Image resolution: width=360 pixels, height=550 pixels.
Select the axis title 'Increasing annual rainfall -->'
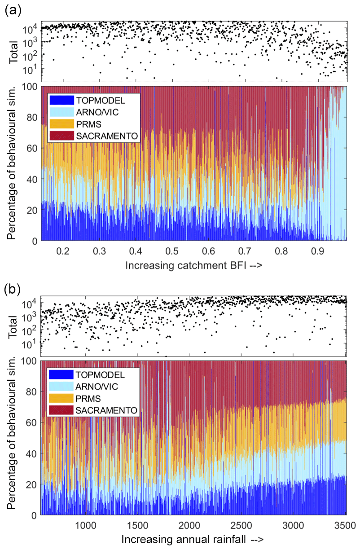pos(193,539)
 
